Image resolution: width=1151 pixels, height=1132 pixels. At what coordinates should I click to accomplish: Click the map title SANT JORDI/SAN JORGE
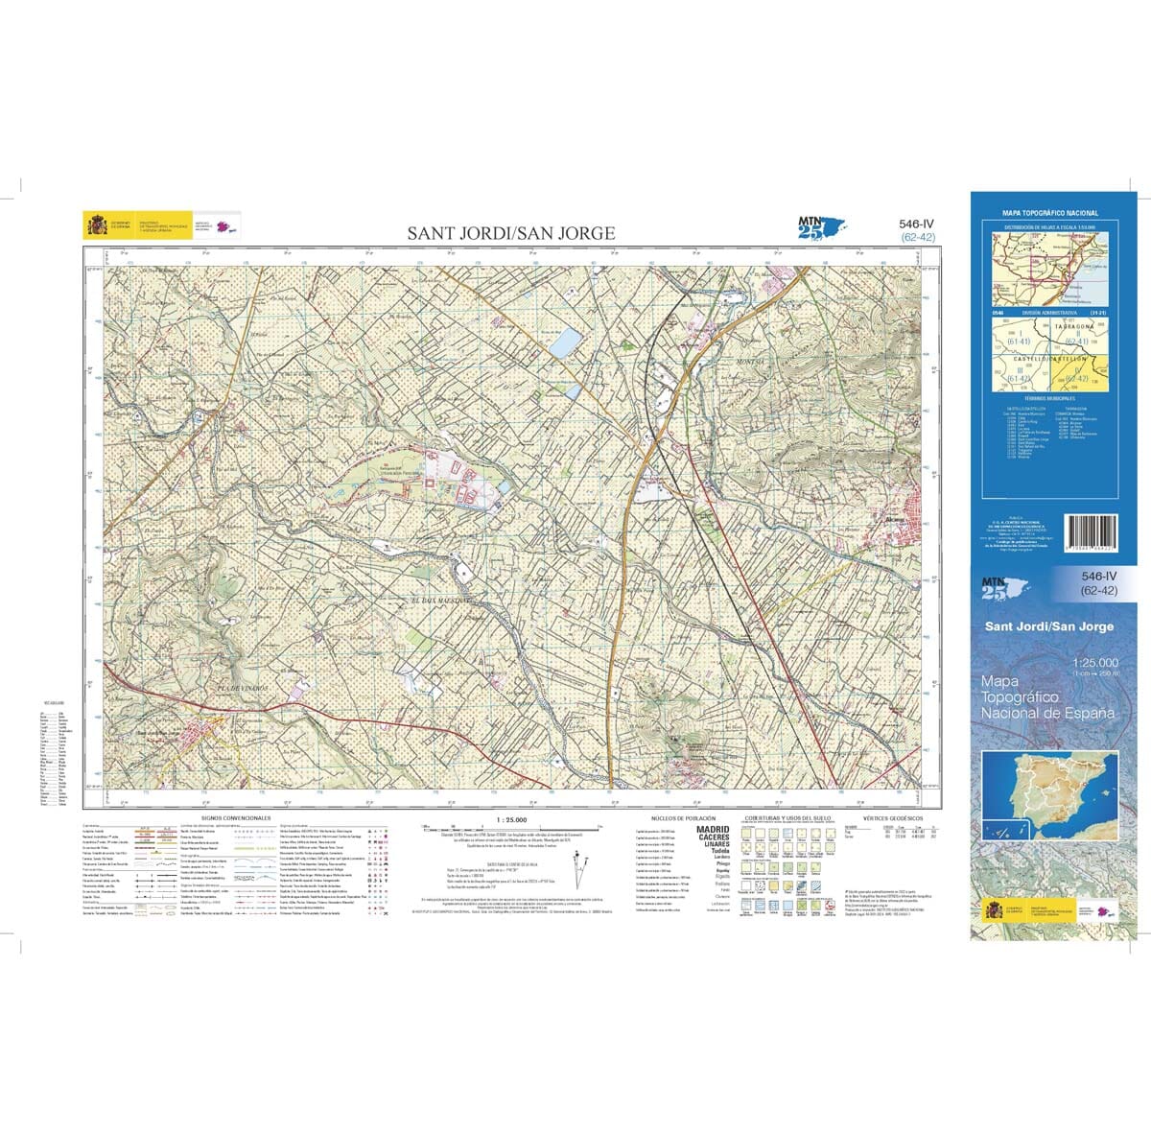(511, 233)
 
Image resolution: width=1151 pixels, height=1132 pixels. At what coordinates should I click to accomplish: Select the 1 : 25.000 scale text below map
(510, 820)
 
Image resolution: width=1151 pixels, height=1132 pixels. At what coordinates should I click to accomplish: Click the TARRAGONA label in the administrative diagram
(1072, 326)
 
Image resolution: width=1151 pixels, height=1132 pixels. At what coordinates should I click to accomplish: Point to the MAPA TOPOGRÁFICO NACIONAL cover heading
(1050, 213)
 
